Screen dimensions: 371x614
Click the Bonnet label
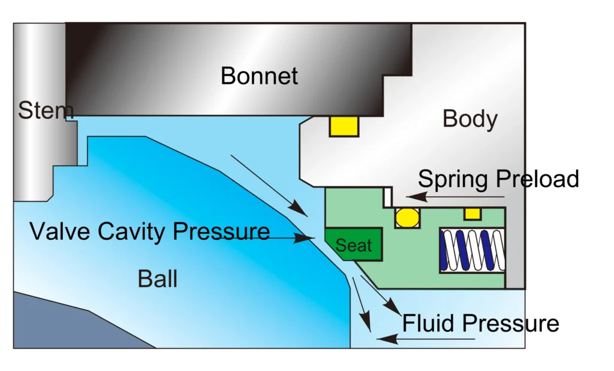259,76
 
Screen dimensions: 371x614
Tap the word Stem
45,111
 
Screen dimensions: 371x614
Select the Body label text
469,119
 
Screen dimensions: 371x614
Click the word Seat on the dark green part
353,245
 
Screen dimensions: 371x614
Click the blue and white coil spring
472,250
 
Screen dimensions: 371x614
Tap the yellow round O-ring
408,217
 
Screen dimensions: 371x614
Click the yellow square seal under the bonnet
344,126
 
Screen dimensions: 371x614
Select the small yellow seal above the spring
472,213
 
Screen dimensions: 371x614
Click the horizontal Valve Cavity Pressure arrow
288,238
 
